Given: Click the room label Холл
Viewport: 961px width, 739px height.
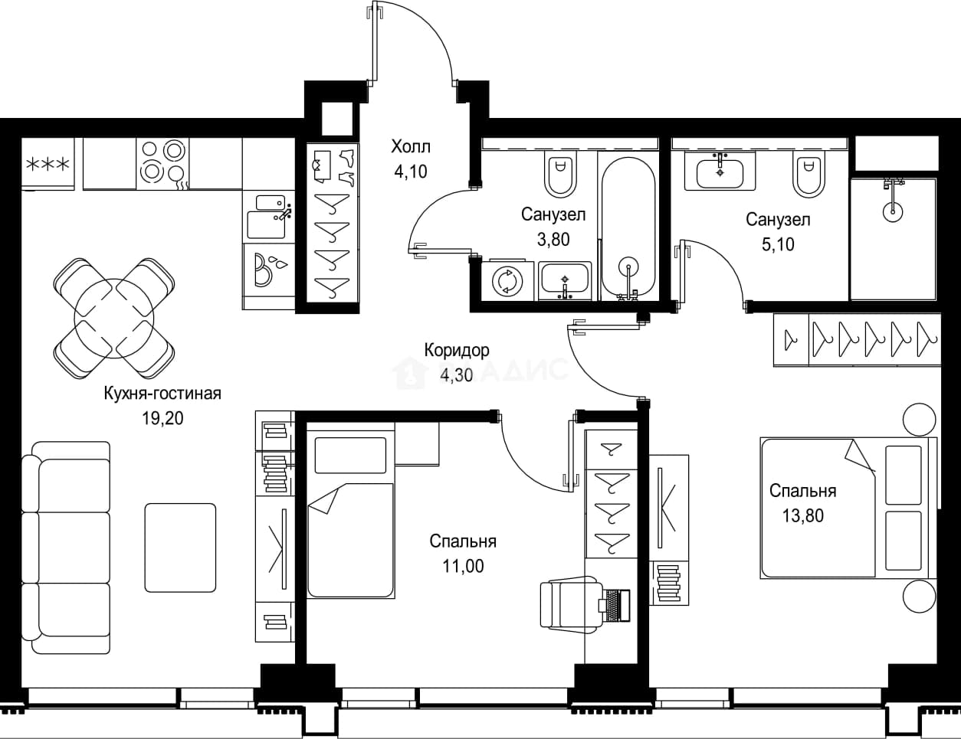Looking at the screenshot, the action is click(411, 147).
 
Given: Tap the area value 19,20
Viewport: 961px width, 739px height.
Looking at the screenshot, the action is click(162, 418).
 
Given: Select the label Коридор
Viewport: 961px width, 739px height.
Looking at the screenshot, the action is click(457, 350).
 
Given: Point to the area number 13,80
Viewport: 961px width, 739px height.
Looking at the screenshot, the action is click(803, 515).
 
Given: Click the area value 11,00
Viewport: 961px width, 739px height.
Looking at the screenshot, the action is click(463, 566).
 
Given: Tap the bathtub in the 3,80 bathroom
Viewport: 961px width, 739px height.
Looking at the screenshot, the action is click(628, 226).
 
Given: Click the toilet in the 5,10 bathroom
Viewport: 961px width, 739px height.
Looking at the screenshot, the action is click(808, 174).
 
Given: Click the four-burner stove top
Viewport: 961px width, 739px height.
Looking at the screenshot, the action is click(162, 164).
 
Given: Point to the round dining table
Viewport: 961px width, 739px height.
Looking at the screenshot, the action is click(114, 318).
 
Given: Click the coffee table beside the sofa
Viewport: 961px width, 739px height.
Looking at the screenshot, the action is click(180, 548).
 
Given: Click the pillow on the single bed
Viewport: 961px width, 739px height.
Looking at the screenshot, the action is click(350, 456).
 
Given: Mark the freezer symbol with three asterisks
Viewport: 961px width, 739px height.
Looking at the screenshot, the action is click(48, 164).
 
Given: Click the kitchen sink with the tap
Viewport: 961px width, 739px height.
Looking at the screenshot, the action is click(269, 217).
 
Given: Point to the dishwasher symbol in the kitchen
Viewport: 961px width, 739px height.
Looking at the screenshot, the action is click(269, 270).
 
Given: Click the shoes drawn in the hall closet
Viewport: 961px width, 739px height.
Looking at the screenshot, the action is click(346, 167).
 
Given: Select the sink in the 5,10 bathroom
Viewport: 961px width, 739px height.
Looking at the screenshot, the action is click(720, 171).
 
